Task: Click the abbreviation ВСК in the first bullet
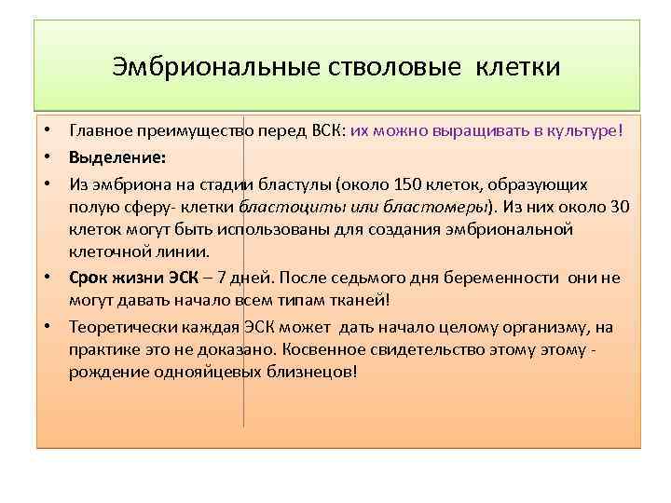324,131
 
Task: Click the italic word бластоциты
282,204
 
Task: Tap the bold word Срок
89,277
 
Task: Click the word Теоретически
117,326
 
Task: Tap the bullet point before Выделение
46,156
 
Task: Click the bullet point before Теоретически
46,326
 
